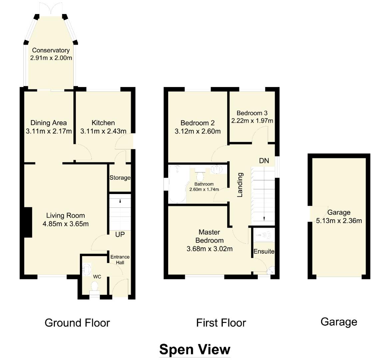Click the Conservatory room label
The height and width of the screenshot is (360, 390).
point(51,50)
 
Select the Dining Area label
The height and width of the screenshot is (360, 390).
point(49,123)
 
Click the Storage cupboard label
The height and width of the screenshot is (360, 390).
point(120,178)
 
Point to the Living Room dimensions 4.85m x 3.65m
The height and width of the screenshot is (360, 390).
point(66,224)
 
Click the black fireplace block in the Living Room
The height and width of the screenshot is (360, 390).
point(28,222)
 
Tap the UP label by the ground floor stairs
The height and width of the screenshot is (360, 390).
point(120,235)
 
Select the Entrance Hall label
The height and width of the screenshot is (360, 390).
point(120,260)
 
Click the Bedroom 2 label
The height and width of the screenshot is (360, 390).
point(197,123)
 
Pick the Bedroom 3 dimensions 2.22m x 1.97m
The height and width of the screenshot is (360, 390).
point(252,121)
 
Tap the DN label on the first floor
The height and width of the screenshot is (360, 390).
point(264,161)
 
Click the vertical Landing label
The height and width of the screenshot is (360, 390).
point(240,185)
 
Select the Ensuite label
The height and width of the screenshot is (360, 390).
point(264,251)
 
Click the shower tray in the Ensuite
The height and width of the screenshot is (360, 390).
point(263,235)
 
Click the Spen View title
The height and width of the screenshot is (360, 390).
point(195,349)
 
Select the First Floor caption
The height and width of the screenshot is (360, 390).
point(221,323)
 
